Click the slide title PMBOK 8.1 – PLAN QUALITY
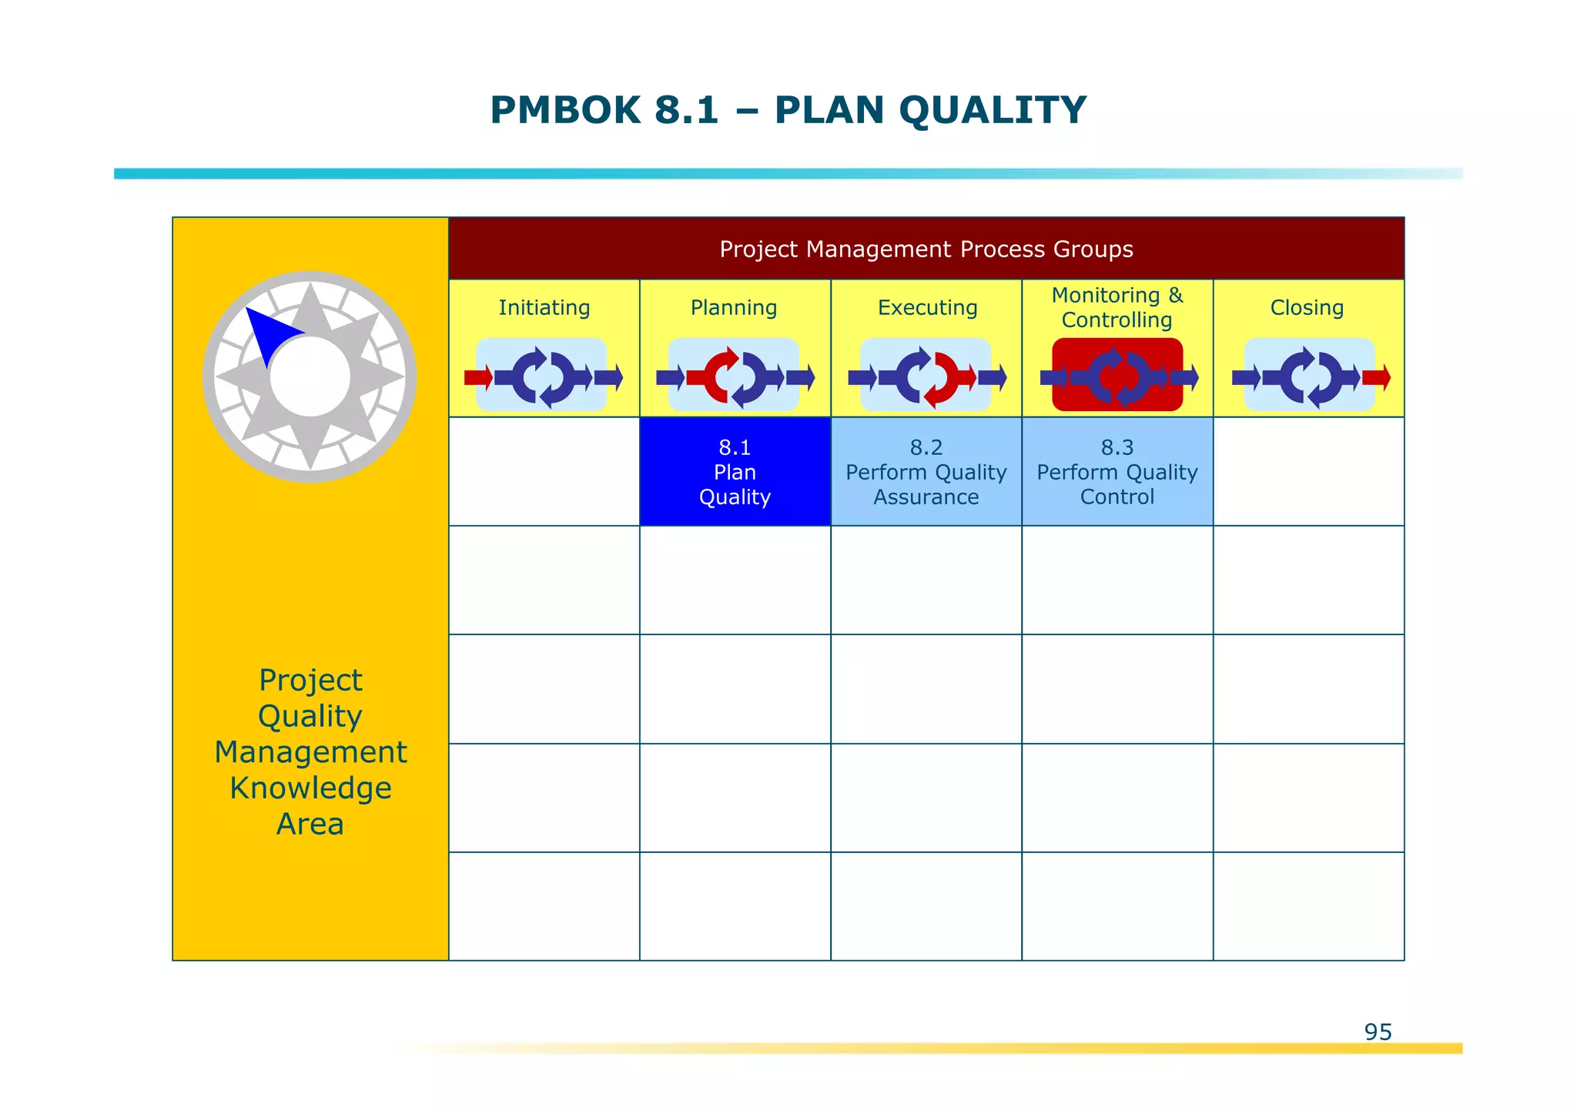pyautogui.click(x=788, y=110)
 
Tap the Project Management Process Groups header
pyautogui.click(x=926, y=249)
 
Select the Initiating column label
pyautogui.click(x=544, y=308)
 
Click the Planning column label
pyautogui.click(x=734, y=308)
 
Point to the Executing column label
pyautogui.click(x=927, y=308)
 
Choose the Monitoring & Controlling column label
pyautogui.click(x=1117, y=307)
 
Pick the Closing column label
pyautogui.click(x=1307, y=308)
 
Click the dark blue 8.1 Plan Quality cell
pyautogui.click(x=735, y=472)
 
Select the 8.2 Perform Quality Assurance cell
pyautogui.click(x=926, y=472)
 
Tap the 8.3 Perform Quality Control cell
pyautogui.click(x=1117, y=472)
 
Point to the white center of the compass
pyautogui.click(x=310, y=377)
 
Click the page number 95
pyautogui.click(x=1378, y=1032)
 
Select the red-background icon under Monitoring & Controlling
pyautogui.click(x=1117, y=376)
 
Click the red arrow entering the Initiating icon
pyautogui.click(x=478, y=377)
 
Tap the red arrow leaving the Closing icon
pyautogui.click(x=1377, y=377)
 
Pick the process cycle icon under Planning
pyautogui.click(x=734, y=376)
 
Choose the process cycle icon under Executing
pyautogui.click(x=926, y=376)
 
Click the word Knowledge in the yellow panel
pyautogui.click(x=310, y=788)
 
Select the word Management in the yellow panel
pyautogui.click(x=310, y=752)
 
